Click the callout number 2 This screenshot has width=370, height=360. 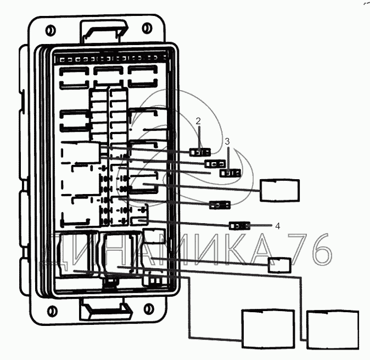tap(198, 121)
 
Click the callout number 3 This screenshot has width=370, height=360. tap(227, 141)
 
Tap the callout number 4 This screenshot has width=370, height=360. tap(278, 226)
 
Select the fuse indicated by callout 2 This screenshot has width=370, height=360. tap(200, 152)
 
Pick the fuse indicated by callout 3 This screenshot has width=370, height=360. tap(230, 173)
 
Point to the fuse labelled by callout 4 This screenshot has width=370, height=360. tap(240, 226)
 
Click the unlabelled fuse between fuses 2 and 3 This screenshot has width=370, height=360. tap(215, 163)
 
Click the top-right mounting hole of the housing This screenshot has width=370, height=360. tap(147, 28)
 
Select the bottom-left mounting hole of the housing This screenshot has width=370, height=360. tap(52, 311)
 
